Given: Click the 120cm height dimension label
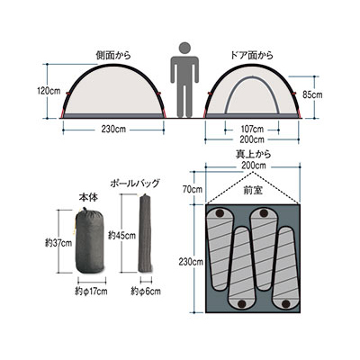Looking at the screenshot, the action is point(49,91).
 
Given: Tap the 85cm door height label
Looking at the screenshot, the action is point(312,94).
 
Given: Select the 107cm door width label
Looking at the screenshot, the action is point(252,130).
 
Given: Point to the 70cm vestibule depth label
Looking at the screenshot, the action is point(193,189).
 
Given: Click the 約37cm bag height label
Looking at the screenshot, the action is point(58,243).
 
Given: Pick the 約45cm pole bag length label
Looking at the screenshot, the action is point(122,236).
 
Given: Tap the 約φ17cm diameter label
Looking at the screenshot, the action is point(91,292).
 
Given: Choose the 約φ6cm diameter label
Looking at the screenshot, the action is point(146,292).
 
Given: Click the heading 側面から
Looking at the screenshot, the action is point(113,56).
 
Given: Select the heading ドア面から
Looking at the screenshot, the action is point(251,56).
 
